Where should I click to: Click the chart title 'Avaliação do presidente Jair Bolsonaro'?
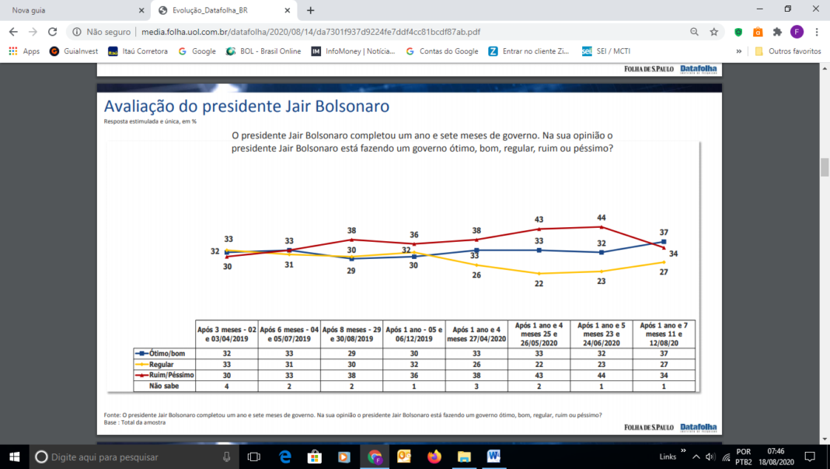pyautogui.click(x=246, y=106)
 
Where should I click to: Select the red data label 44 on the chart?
pyautogui.click(x=601, y=218)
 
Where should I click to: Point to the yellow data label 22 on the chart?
pyautogui.click(x=538, y=284)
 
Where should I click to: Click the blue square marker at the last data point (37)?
pyautogui.click(x=664, y=242)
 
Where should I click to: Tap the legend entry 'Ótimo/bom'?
pyautogui.click(x=163, y=352)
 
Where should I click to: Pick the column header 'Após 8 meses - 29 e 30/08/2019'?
pyautogui.click(x=351, y=334)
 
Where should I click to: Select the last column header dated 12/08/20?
pyautogui.click(x=664, y=334)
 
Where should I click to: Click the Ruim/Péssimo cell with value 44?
pyautogui.click(x=601, y=374)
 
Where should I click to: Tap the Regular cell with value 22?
pyautogui.click(x=538, y=363)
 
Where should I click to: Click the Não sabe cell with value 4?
pyautogui.click(x=226, y=385)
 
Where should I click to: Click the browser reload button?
pyautogui.click(x=53, y=32)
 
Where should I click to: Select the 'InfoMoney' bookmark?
pyautogui.click(x=354, y=51)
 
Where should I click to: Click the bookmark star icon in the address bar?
pyautogui.click(x=714, y=32)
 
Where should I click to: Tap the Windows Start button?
pyautogui.click(x=14, y=457)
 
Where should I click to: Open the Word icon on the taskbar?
pyautogui.click(x=493, y=457)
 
